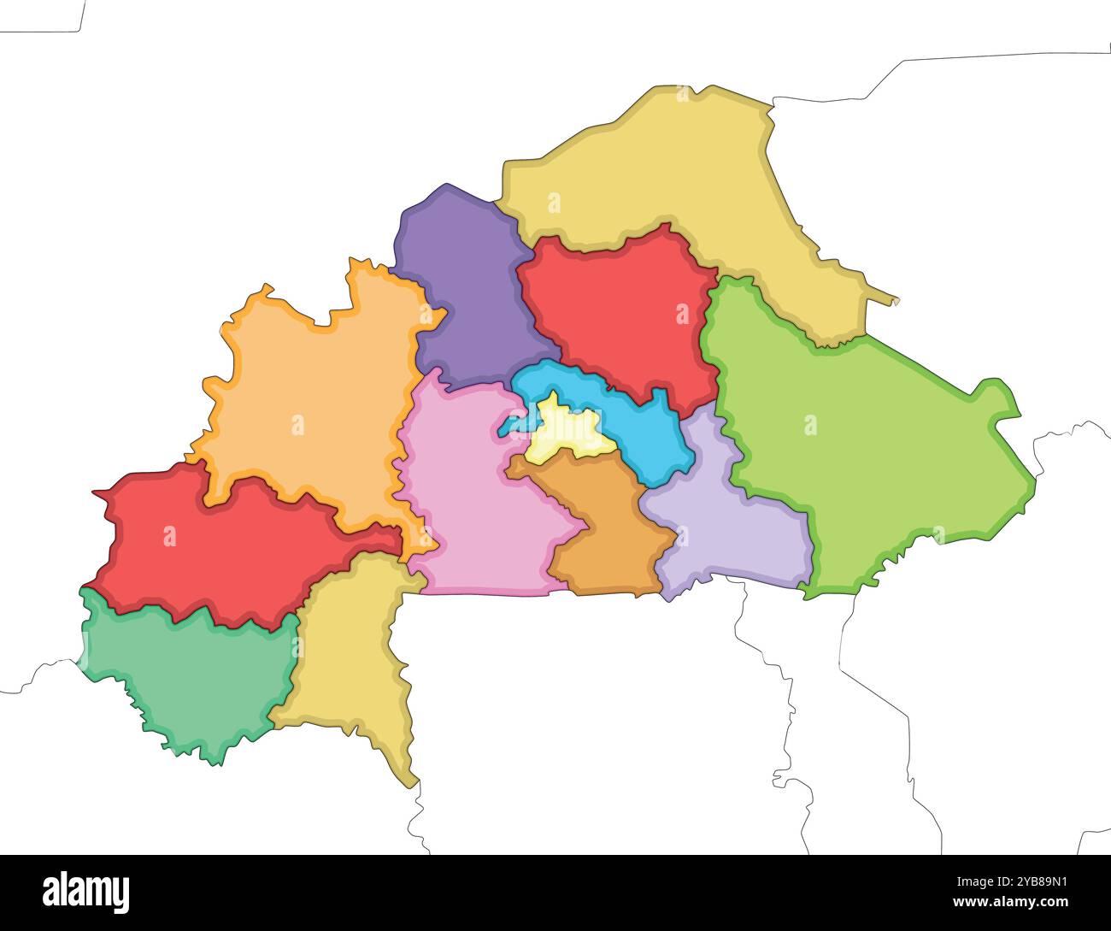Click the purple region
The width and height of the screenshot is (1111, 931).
click(466, 291)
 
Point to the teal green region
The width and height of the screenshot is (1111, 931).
click(188, 675)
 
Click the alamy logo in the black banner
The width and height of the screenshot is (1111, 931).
click(86, 892)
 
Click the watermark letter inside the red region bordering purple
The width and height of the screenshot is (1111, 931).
click(682, 314)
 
